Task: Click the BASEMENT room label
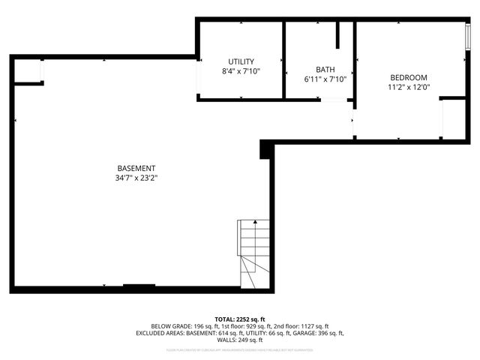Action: pos(136,168)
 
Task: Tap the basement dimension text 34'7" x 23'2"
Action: pos(136,178)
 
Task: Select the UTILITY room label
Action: pos(241,61)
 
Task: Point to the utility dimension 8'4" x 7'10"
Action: pos(241,71)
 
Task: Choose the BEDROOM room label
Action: pos(408,77)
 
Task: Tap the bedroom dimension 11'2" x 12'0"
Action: pos(408,87)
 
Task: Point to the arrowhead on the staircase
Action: pos(255,222)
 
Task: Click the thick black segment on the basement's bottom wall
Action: pos(139,286)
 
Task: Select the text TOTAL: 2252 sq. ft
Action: pos(240,319)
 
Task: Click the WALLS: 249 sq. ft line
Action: pos(240,340)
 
